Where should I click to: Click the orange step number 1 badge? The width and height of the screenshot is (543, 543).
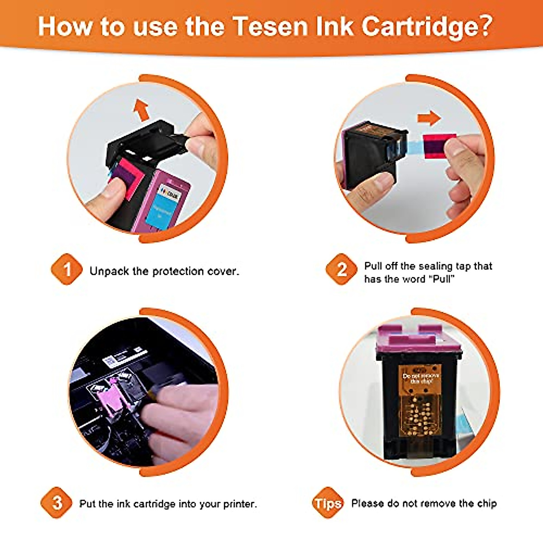click(x=67, y=270)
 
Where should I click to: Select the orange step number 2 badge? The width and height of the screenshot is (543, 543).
click(x=342, y=270)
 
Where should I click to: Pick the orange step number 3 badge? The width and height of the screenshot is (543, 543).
click(x=57, y=503)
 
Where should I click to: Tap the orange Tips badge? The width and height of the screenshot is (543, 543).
click(x=328, y=503)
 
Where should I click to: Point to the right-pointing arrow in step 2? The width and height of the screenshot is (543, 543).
click(x=428, y=119)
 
